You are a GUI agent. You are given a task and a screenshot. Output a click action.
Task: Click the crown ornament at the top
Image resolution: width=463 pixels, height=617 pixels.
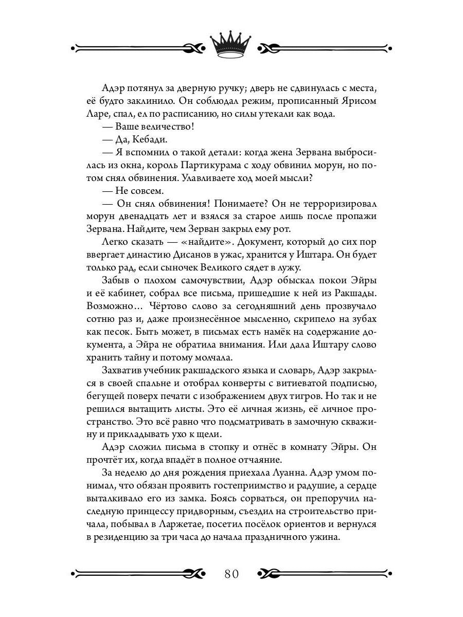[x=232, y=44]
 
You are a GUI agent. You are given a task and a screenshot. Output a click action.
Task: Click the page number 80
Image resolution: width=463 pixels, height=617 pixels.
[x=232, y=573]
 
